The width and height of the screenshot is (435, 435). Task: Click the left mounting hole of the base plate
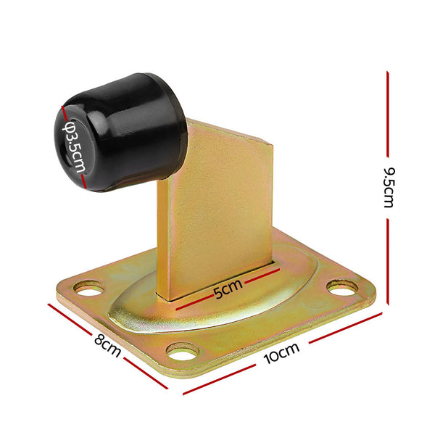(x=88, y=290)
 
